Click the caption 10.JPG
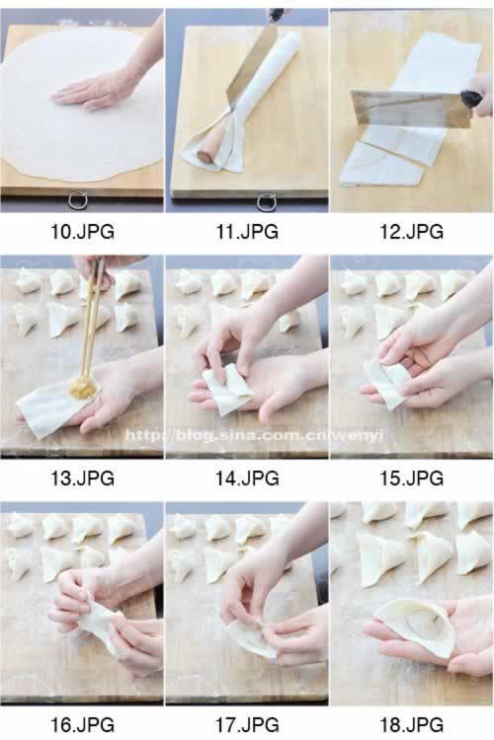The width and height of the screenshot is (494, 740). (82, 231)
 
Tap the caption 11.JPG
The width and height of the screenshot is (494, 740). (247, 231)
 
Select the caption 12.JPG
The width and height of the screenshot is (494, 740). (412, 231)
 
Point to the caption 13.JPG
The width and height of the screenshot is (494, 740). (82, 479)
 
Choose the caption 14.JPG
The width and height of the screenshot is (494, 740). (247, 479)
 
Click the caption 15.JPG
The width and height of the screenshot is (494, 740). (412, 479)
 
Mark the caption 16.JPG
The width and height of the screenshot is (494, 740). (82, 724)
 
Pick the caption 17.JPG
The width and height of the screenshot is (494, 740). (247, 724)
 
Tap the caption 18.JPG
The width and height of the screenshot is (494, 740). (412, 724)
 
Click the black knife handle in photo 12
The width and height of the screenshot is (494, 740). (473, 99)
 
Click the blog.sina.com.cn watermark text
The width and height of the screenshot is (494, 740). (254, 435)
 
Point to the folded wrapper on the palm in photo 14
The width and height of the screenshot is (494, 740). (227, 389)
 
